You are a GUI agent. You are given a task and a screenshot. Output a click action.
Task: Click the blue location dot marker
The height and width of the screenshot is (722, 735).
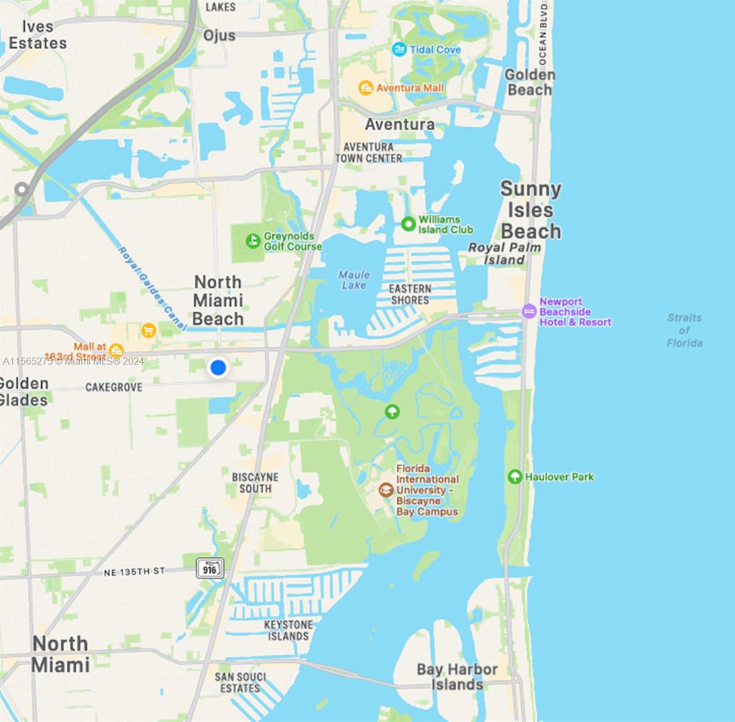click(218, 367)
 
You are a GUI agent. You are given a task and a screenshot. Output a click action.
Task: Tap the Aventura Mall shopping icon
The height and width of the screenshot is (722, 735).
click(366, 88)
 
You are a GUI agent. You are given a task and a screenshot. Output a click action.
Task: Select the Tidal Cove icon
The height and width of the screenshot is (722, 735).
click(399, 49)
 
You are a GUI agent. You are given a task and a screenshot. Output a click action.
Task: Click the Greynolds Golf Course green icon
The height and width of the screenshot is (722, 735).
click(253, 241)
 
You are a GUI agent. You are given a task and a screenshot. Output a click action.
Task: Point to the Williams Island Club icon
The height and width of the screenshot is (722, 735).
click(408, 224)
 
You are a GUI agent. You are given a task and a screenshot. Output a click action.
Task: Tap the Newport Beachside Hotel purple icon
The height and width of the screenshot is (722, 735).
click(529, 311)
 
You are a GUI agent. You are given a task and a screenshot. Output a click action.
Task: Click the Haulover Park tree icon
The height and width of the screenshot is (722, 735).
click(514, 477)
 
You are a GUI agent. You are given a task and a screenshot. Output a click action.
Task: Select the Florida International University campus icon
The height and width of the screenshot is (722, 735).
click(386, 490)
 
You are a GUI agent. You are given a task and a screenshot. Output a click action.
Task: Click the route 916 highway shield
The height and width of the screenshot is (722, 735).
click(210, 568)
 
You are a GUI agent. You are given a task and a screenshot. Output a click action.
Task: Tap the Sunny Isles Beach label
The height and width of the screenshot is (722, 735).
click(530, 210)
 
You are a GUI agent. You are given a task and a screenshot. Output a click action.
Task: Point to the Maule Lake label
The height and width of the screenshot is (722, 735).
click(354, 280)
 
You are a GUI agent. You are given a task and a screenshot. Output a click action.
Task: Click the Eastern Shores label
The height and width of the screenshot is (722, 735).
click(410, 294)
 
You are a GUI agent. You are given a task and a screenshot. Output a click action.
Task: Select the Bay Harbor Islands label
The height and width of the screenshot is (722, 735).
click(457, 677)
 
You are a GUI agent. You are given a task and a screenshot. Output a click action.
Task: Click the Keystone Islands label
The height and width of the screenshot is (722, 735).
click(289, 630)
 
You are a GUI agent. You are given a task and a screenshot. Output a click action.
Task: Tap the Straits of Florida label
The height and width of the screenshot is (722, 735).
click(684, 330)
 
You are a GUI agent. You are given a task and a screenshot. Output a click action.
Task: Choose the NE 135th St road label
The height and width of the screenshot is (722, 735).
click(134, 572)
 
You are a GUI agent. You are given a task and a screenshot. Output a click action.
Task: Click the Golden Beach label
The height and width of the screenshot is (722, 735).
click(529, 82)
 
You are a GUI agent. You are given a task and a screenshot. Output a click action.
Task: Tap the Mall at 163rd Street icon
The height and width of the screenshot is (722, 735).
click(117, 350)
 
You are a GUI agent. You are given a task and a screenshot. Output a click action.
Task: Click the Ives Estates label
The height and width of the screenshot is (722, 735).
click(37, 35)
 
